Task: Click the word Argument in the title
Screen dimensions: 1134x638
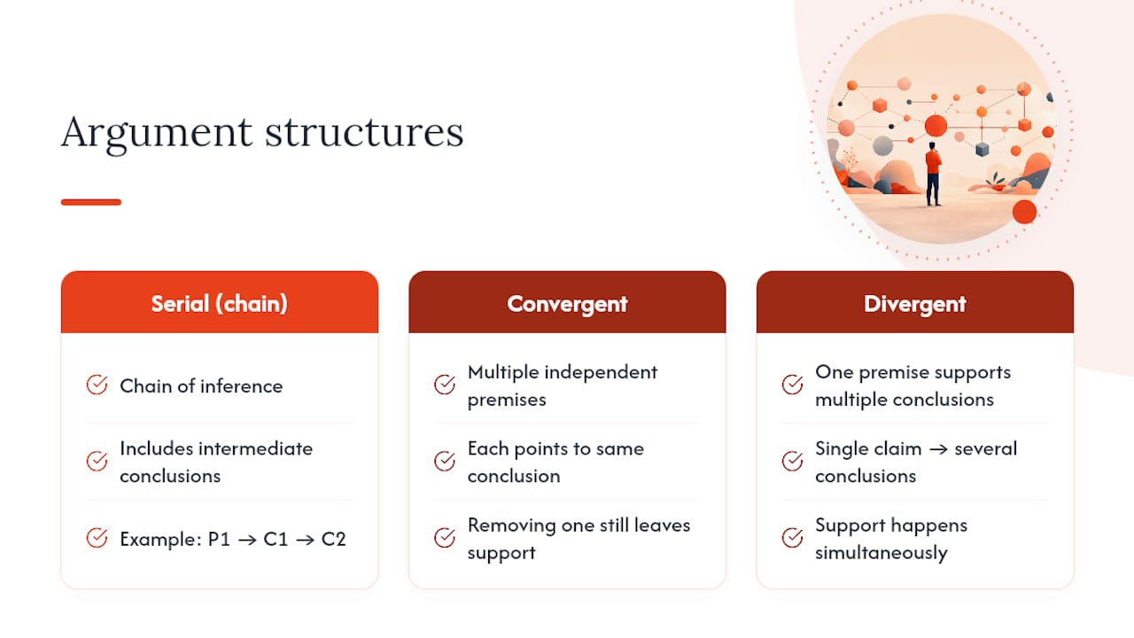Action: [157, 134]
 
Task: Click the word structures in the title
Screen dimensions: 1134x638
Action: [364, 132]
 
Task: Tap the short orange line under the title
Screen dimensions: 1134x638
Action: [91, 202]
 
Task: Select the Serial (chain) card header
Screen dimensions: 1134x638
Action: [220, 302]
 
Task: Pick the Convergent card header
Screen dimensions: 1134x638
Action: [567, 302]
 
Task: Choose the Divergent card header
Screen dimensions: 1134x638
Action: [915, 302]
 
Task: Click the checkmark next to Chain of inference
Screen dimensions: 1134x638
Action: [97, 385]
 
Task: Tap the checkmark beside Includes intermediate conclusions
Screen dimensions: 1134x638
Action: [97, 462]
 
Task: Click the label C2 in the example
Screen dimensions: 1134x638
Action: [334, 540]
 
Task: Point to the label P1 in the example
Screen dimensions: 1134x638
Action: [219, 540]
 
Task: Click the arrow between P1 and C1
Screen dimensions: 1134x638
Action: [247, 541]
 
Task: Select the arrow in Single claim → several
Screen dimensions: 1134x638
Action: [938, 449]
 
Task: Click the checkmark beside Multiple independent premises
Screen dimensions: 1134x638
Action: [445, 385]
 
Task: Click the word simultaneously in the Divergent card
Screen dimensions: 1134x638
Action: [882, 553]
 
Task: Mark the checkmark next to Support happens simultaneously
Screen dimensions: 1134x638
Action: [792, 538]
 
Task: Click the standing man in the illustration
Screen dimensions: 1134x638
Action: [933, 175]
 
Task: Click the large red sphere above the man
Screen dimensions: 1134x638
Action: [936, 126]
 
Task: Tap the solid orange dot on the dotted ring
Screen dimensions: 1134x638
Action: [1025, 212]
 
